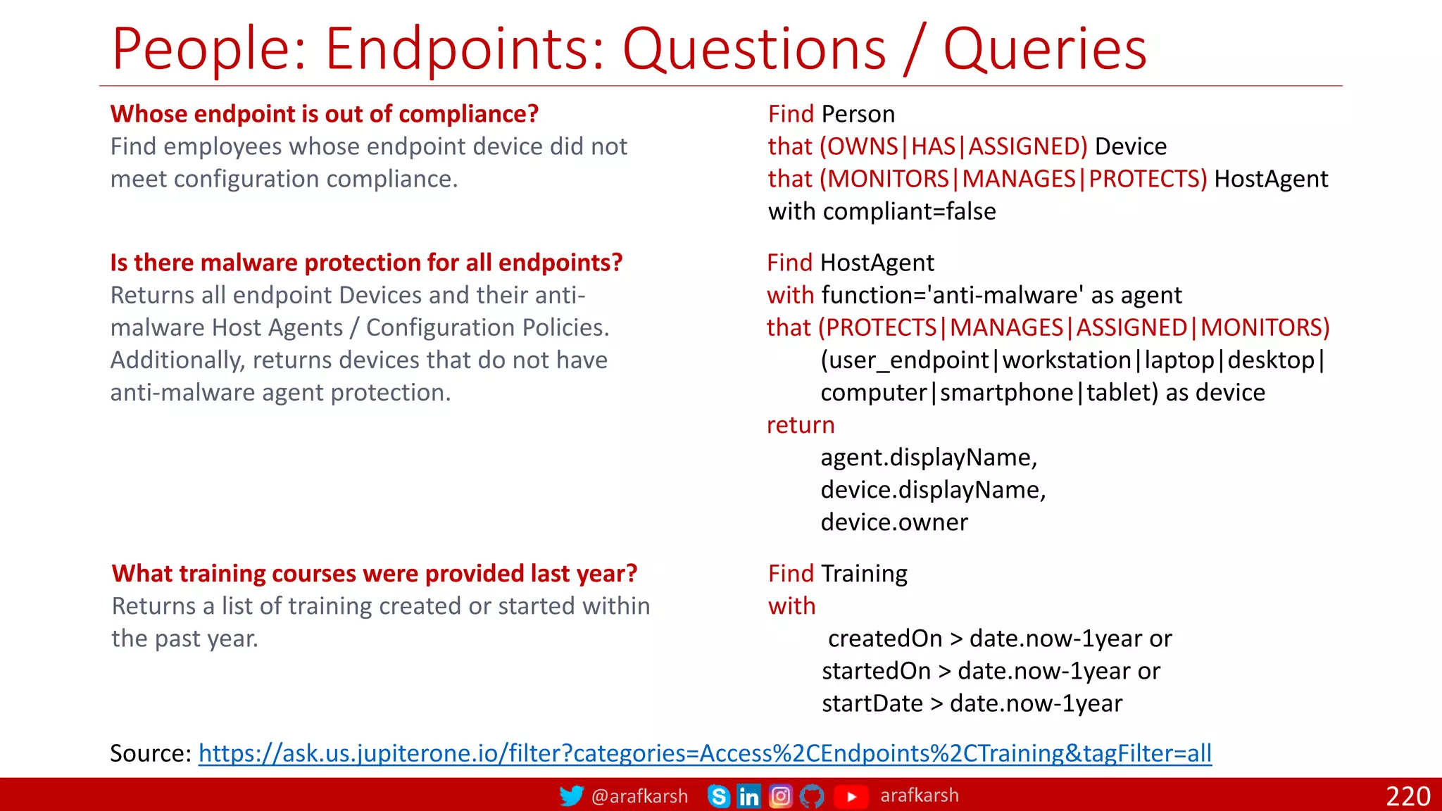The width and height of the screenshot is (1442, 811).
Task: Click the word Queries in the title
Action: click(x=1045, y=49)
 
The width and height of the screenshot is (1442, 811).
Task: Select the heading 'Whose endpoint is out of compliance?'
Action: click(x=325, y=114)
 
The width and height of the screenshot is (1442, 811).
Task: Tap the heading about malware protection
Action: click(x=366, y=263)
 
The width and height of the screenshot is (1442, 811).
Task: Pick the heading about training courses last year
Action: click(x=375, y=574)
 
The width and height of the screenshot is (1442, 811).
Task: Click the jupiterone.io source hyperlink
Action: click(x=705, y=753)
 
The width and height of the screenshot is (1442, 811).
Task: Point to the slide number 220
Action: click(x=1407, y=796)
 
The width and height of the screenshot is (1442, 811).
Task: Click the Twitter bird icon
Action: click(x=571, y=796)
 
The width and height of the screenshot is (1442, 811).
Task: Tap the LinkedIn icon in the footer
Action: click(x=748, y=796)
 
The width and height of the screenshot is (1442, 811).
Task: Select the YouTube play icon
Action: click(x=851, y=796)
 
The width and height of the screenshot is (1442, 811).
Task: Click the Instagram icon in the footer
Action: click(x=780, y=796)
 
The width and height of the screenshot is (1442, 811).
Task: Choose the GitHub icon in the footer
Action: click(x=812, y=796)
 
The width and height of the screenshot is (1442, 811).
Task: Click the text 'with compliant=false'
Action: click(x=882, y=211)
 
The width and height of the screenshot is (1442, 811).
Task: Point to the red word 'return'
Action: click(x=801, y=425)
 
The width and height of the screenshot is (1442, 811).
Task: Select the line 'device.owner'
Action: click(x=894, y=522)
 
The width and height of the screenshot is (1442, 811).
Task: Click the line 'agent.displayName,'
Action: click(x=928, y=458)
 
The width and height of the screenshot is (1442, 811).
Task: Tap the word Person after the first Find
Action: click(x=858, y=114)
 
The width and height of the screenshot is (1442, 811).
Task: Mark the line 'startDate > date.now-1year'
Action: click(x=972, y=703)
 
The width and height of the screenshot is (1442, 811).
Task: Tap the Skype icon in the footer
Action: click(x=718, y=796)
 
